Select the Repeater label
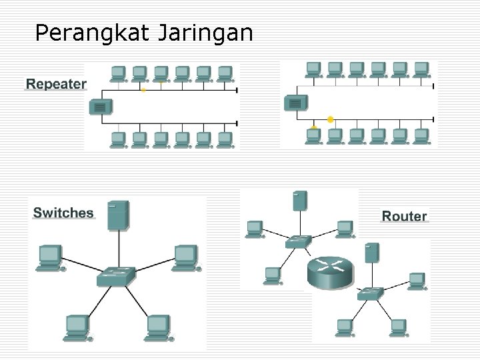click(x=56, y=84)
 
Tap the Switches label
click(x=63, y=213)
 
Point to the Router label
click(x=404, y=216)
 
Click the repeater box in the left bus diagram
click(x=100, y=106)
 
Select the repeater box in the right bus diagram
click(x=295, y=103)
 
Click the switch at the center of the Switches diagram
click(x=115, y=275)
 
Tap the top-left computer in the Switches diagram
click(x=50, y=257)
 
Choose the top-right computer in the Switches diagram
click(x=185, y=257)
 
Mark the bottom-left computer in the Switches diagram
click(x=77, y=327)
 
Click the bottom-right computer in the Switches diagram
click(x=159, y=327)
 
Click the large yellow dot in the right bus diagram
click(x=330, y=119)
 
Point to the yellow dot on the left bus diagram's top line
click(x=143, y=89)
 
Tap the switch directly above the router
click(x=298, y=241)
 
